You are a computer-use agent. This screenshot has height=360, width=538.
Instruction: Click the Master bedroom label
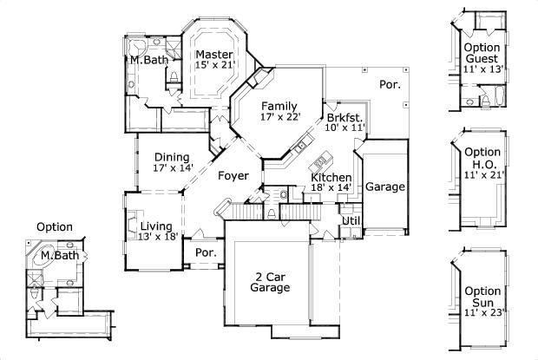pyautogui.click(x=213, y=54)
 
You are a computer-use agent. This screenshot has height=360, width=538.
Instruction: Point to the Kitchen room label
pyautogui.click(x=331, y=177)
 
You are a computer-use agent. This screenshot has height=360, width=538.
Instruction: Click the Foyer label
pyautogui.click(x=233, y=176)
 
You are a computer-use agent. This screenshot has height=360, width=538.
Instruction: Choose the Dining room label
pyautogui.click(x=172, y=157)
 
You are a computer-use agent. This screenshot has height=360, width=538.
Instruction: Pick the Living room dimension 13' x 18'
pyautogui.click(x=158, y=237)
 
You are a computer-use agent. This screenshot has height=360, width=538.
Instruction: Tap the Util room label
pyautogui.click(x=351, y=221)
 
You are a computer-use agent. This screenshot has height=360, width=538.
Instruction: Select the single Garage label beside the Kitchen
pyautogui.click(x=384, y=187)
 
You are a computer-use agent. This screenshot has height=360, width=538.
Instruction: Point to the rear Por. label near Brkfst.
pyautogui.click(x=388, y=84)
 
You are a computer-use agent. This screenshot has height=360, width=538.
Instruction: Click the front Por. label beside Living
pyautogui.click(x=207, y=253)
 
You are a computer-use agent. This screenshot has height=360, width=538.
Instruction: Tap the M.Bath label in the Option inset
pyautogui.click(x=59, y=256)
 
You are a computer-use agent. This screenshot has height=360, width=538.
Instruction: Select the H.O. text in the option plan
pyautogui.click(x=483, y=163)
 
